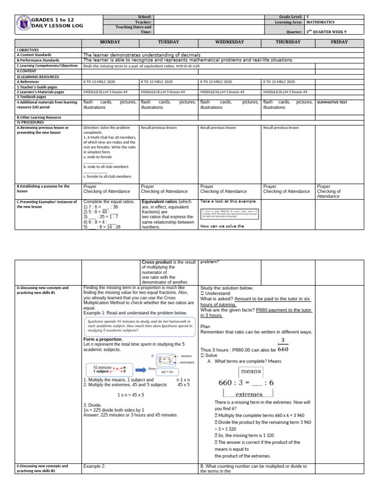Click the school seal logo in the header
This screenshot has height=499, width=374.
(23, 24)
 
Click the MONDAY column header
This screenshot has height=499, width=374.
(110, 42)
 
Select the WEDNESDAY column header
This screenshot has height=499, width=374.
(228, 42)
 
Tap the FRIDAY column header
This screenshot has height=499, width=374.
(339, 42)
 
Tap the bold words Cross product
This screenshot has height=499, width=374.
(158, 262)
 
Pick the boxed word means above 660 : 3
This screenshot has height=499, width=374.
(251, 371)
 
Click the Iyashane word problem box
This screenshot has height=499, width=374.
(139, 326)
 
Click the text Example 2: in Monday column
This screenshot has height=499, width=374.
(94, 466)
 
